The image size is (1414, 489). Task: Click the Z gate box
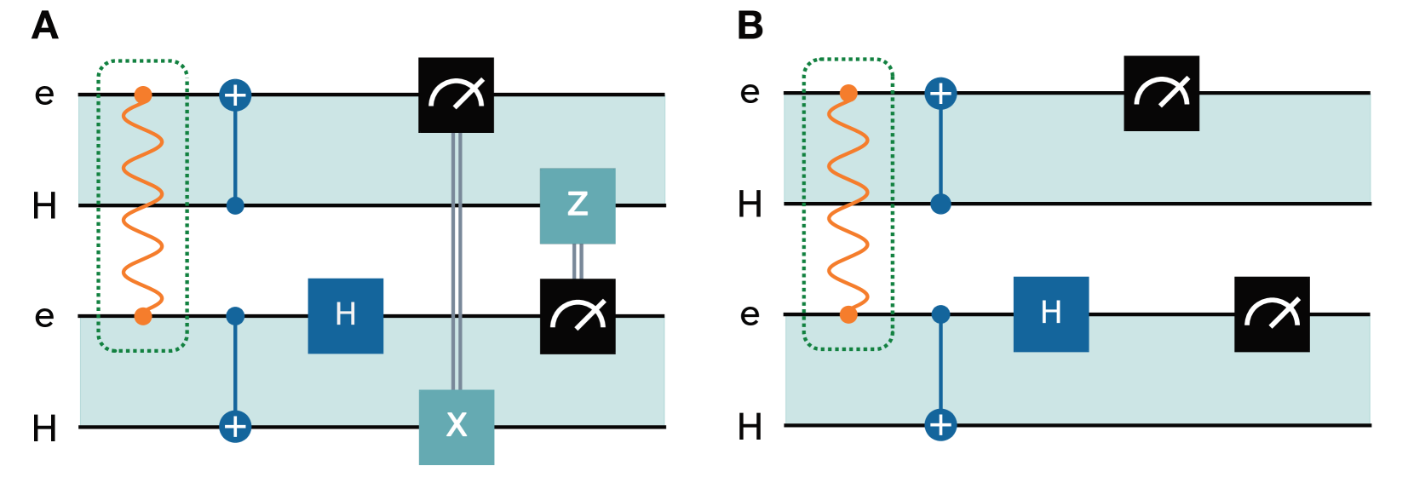pyautogui.click(x=578, y=205)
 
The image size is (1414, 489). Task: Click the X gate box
pyautogui.click(x=457, y=426)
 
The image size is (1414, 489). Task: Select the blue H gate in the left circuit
pyautogui.click(x=346, y=315)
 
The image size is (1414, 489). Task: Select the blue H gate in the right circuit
pyautogui.click(x=1050, y=314)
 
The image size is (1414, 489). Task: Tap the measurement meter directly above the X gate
pyautogui.click(x=457, y=95)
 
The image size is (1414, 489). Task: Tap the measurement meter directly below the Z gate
pyautogui.click(x=578, y=316)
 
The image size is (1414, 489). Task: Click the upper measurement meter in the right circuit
pyautogui.click(x=1161, y=93)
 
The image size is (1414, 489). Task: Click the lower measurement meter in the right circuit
pyautogui.click(x=1272, y=314)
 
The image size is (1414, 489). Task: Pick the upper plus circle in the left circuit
pyautogui.click(x=235, y=95)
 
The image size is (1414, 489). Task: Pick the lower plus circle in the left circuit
pyautogui.click(x=235, y=426)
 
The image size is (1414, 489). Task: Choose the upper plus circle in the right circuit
pyautogui.click(x=940, y=93)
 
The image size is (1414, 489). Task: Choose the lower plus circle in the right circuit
pyautogui.click(x=940, y=424)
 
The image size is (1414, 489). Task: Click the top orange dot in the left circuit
pyautogui.click(x=143, y=95)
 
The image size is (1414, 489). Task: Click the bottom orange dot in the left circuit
pyautogui.click(x=143, y=317)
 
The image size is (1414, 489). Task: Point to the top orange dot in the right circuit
pyautogui.click(x=848, y=93)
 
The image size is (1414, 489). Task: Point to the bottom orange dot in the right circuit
pyautogui.click(x=848, y=315)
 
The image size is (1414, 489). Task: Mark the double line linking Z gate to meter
pyautogui.click(x=578, y=261)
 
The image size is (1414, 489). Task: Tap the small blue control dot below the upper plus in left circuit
pyautogui.click(x=235, y=206)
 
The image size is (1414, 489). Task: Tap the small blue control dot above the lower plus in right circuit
pyautogui.click(x=940, y=314)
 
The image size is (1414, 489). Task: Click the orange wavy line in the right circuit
pyautogui.click(x=848, y=204)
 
